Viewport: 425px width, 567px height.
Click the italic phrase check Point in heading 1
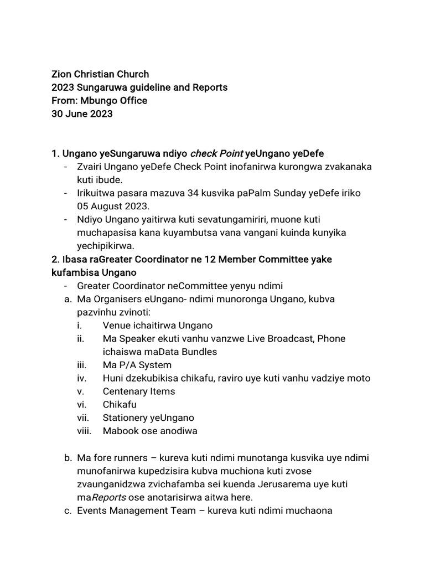(x=216, y=154)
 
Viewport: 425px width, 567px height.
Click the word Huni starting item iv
(x=113, y=378)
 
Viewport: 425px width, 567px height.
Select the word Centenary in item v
(x=125, y=391)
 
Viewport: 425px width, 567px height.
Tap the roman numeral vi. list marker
(x=82, y=405)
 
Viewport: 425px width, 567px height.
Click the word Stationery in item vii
(x=125, y=417)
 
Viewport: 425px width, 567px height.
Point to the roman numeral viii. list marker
(x=84, y=431)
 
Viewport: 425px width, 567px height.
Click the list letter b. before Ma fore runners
(x=68, y=457)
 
